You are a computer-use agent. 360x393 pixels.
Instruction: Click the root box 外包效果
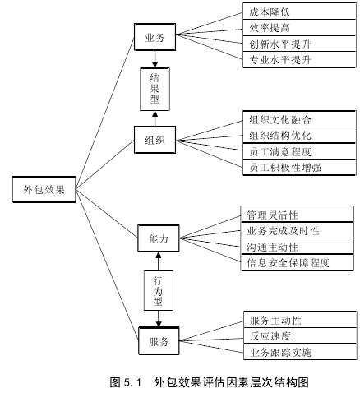pyautogui.click(x=44, y=189)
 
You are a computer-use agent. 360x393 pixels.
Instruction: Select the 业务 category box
pyautogui.click(x=155, y=37)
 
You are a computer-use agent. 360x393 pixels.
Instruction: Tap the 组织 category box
pyautogui.click(x=155, y=140)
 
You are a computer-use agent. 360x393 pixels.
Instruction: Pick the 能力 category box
pyautogui.click(x=159, y=238)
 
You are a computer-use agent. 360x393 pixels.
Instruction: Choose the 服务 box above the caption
pyautogui.click(x=159, y=341)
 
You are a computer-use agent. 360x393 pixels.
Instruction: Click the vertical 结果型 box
pyautogui.click(x=155, y=89)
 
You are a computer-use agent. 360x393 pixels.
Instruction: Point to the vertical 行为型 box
pyautogui.click(x=159, y=290)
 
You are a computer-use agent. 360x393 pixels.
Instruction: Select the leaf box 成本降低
pyautogui.click(x=299, y=12)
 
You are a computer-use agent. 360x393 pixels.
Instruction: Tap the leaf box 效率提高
pyautogui.click(x=299, y=27)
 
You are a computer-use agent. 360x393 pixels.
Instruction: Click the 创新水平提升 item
pyautogui.click(x=299, y=44)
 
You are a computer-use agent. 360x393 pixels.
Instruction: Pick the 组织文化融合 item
pyautogui.click(x=299, y=119)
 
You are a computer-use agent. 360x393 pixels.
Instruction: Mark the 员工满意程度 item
pyautogui.click(x=299, y=151)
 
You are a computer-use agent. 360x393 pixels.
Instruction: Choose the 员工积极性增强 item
pyautogui.click(x=299, y=167)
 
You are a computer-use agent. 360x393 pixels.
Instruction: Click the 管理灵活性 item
pyautogui.click(x=297, y=215)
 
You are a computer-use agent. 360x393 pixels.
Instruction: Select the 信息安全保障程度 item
pyautogui.click(x=297, y=262)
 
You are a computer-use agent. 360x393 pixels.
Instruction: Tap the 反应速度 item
pyautogui.click(x=300, y=335)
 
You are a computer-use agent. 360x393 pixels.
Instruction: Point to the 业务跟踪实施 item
pyautogui.click(x=300, y=352)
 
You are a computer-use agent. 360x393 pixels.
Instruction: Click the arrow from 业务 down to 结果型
pyautogui.click(x=155, y=59)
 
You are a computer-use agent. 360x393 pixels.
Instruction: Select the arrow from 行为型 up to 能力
pyautogui.click(x=159, y=261)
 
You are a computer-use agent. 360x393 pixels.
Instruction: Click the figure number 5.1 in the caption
pyautogui.click(x=132, y=382)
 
